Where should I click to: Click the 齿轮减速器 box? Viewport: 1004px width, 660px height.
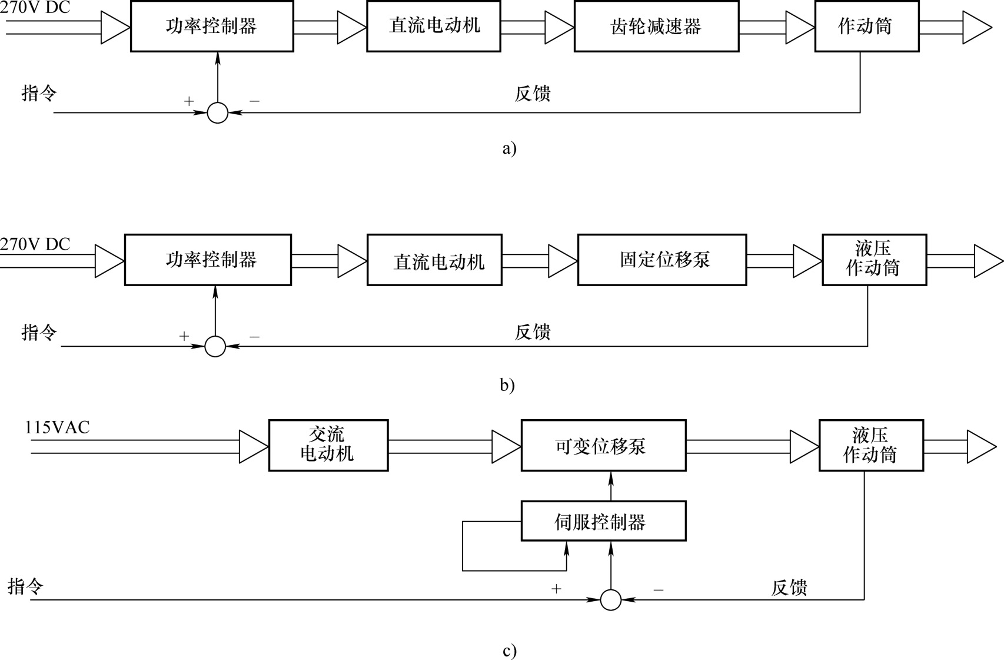point(656,26)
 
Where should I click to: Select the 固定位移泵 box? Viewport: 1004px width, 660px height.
point(662,260)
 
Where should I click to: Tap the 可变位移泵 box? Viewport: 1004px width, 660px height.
point(603,446)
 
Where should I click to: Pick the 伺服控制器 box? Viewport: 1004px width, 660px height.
point(603,521)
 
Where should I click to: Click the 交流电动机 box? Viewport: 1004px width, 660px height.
point(328,445)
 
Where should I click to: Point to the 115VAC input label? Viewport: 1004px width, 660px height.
point(57,427)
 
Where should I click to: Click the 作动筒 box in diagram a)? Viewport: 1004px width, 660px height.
point(867,26)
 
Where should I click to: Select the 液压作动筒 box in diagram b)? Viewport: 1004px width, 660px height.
point(875,260)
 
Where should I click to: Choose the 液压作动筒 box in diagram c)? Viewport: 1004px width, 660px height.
point(871,446)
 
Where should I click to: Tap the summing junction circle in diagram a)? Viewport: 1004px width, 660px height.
point(218,112)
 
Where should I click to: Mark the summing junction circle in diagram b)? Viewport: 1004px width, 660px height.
point(215,346)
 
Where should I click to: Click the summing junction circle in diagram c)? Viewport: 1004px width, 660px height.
point(610,600)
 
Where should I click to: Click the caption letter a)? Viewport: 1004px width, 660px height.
point(510,148)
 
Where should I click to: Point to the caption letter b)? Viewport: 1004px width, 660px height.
point(507,385)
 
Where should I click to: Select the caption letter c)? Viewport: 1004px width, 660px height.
point(510,651)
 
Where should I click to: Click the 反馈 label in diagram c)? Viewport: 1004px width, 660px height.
point(789,588)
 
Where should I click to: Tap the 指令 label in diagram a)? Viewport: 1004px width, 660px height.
point(39,93)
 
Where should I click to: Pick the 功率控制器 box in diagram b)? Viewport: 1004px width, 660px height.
point(208,260)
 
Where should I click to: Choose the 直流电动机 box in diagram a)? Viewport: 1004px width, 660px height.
point(434,26)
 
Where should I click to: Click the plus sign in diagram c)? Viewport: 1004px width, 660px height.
point(556,589)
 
